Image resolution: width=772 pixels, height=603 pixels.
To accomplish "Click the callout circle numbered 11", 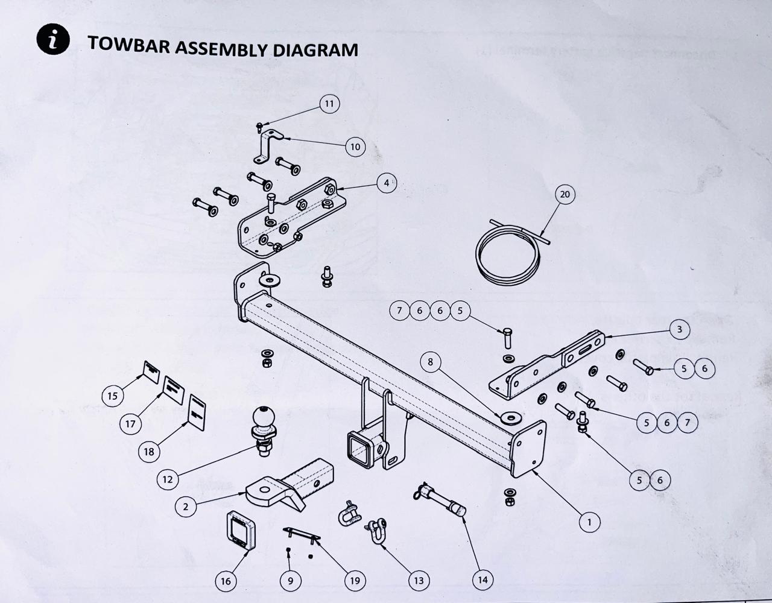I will (329, 104).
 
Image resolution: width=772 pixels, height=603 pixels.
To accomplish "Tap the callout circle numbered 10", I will (355, 147).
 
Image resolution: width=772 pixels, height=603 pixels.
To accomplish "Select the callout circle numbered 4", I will (387, 182).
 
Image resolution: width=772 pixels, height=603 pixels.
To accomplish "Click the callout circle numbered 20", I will (565, 194).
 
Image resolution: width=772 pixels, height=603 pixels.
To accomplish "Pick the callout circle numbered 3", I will (679, 329).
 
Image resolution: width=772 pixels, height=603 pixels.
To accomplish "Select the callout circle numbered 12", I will (168, 479).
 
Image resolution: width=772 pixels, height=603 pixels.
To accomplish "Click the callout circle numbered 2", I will (186, 507).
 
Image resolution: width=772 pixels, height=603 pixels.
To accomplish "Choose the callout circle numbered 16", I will (226, 581).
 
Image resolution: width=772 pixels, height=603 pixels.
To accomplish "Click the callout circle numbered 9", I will (291, 581).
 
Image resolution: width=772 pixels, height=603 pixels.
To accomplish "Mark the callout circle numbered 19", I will (355, 581).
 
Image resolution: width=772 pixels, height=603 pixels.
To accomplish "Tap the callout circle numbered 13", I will (418, 581).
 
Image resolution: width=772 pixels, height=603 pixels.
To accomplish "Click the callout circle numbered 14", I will (482, 579).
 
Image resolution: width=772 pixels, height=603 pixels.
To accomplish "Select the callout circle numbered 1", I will (589, 522).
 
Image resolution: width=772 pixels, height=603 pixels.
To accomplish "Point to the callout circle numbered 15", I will (112, 396).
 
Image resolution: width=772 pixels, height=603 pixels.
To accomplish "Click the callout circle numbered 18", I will (149, 451).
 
